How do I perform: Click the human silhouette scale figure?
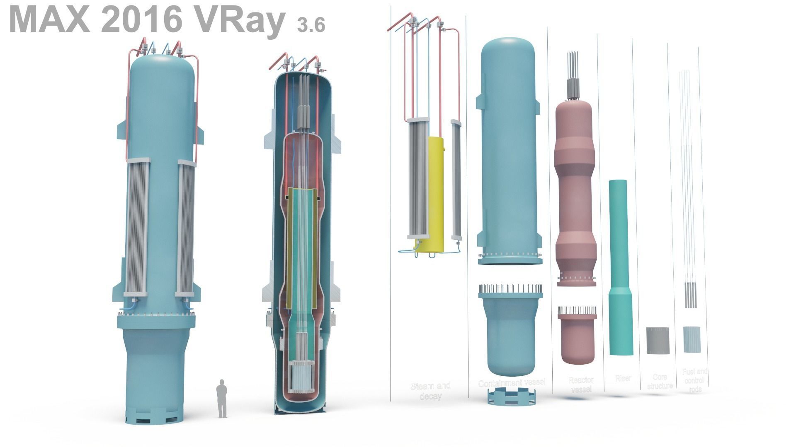click(222, 398)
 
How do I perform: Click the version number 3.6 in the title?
click(311, 25)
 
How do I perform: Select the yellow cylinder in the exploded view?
click(435, 195)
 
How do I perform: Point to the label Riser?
click(623, 378)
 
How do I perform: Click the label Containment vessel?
click(512, 383)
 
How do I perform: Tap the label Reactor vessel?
click(581, 385)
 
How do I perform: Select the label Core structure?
click(660, 381)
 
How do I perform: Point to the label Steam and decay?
click(430, 391)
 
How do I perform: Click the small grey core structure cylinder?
click(658, 340)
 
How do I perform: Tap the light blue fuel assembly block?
click(692, 339)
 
